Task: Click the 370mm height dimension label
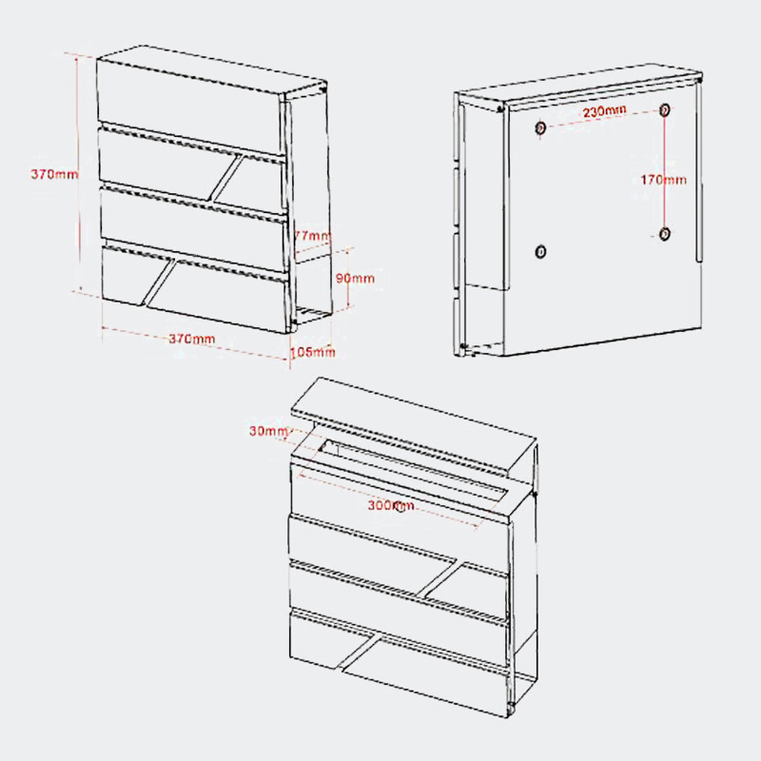click(x=54, y=174)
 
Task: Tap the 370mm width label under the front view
click(x=192, y=339)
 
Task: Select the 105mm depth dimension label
click(x=313, y=351)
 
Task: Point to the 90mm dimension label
click(x=355, y=278)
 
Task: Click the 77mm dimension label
click(x=313, y=236)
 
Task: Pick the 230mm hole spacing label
click(x=605, y=111)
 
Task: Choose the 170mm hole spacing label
click(x=663, y=180)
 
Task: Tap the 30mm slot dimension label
click(x=268, y=431)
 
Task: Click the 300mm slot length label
click(x=391, y=505)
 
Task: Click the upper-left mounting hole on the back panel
click(x=540, y=128)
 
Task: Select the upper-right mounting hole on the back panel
click(x=665, y=109)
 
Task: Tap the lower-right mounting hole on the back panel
click(x=665, y=234)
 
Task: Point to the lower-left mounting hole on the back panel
click(x=540, y=252)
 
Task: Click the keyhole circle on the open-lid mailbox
click(x=400, y=509)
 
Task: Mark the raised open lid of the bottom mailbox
click(x=413, y=425)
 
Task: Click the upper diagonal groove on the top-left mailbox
click(x=227, y=178)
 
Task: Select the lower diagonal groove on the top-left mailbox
click(x=160, y=283)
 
